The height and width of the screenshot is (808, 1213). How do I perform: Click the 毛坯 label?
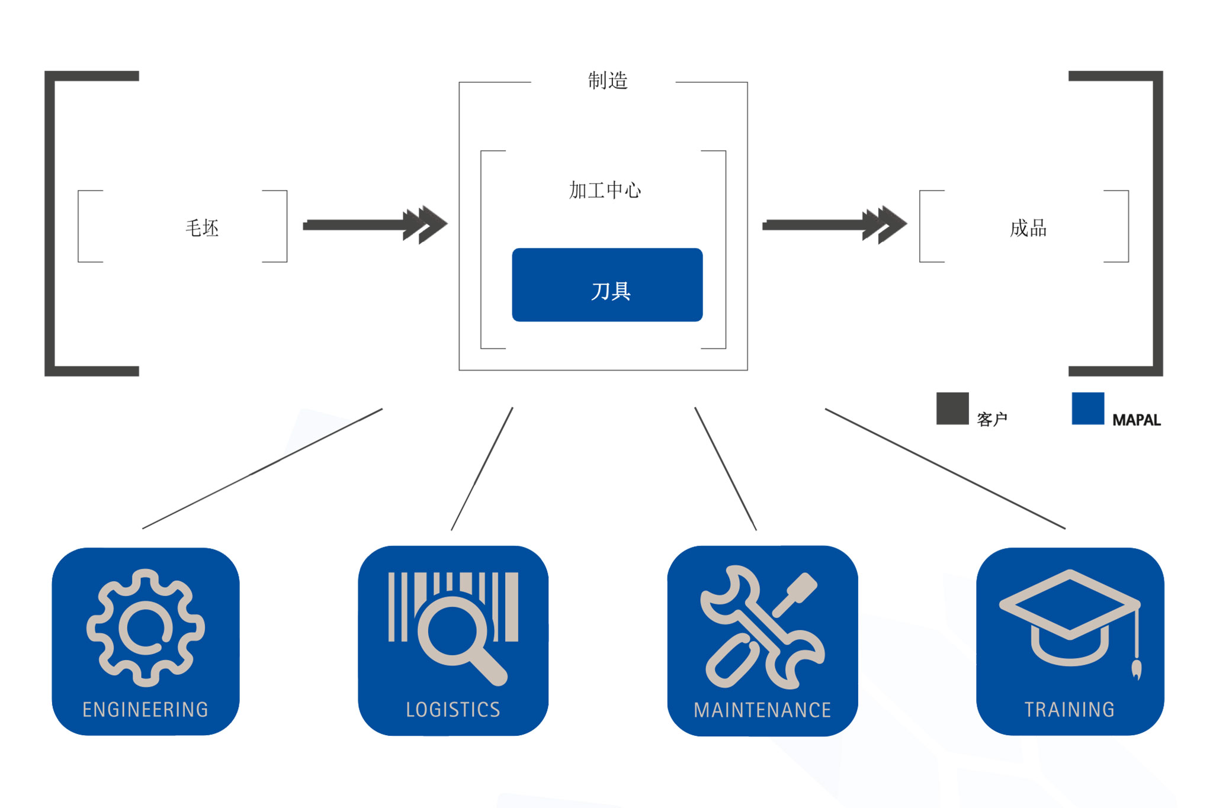pyautogui.click(x=202, y=228)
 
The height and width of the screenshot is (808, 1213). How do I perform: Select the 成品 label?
pyautogui.click(x=1028, y=228)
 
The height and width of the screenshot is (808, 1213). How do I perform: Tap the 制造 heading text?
pyautogui.click(x=608, y=81)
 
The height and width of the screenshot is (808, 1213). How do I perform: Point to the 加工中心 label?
pyautogui.click(x=605, y=190)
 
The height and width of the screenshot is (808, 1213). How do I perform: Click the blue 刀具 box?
pyautogui.click(x=607, y=285)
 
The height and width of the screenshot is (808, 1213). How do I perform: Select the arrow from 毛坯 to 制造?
pyautogui.click(x=373, y=224)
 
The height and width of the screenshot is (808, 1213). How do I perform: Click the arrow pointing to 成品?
pyautogui.click(x=832, y=224)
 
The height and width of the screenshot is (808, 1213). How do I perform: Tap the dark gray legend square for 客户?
pyautogui.click(x=952, y=408)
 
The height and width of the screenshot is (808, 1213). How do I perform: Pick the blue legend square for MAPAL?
pyautogui.click(x=1087, y=408)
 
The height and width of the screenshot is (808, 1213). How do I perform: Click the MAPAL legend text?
pyautogui.click(x=1136, y=420)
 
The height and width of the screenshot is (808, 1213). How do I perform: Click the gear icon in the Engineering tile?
pyautogui.click(x=145, y=627)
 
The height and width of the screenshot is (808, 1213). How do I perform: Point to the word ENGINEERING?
pyautogui.click(x=145, y=709)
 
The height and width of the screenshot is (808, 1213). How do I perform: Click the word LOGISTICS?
pyautogui.click(x=453, y=709)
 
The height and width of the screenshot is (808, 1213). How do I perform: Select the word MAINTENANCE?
pyautogui.click(x=762, y=710)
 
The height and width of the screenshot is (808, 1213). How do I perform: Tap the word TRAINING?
pyautogui.click(x=1070, y=709)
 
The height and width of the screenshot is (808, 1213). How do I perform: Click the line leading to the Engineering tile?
pyautogui.click(x=262, y=468)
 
